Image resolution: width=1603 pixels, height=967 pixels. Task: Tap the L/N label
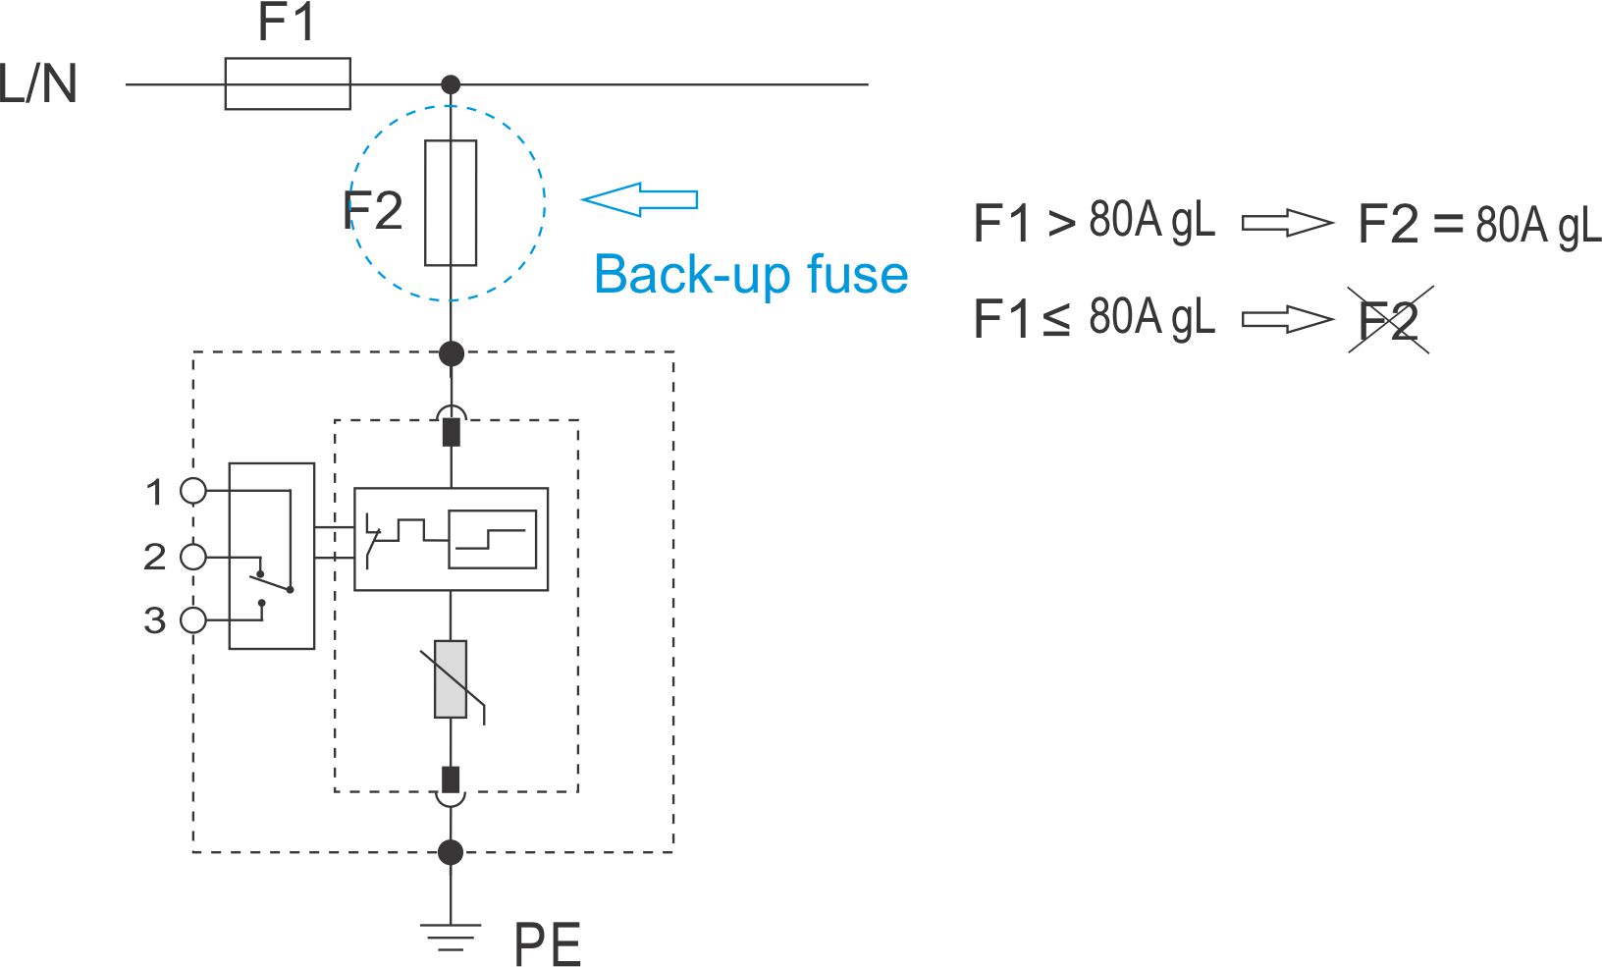pyautogui.click(x=38, y=83)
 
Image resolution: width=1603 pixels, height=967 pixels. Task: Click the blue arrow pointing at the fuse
pyautogui.click(x=639, y=199)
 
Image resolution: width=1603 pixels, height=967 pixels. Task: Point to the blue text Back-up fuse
pyautogui.click(x=751, y=274)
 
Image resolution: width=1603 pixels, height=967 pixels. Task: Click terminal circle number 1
pyautogui.click(x=193, y=491)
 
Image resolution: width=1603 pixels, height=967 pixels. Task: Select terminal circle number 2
pyautogui.click(x=193, y=557)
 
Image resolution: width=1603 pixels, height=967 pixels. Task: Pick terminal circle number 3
pyautogui.click(x=193, y=619)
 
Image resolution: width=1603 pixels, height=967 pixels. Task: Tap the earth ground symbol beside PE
pyautogui.click(x=451, y=937)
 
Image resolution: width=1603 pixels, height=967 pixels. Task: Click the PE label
pyautogui.click(x=547, y=944)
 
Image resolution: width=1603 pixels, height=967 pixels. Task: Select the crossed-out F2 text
pyautogui.click(x=1389, y=320)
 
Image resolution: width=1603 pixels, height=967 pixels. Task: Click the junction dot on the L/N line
pyautogui.click(x=451, y=84)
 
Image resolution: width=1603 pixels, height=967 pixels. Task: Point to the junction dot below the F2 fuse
pyautogui.click(x=451, y=352)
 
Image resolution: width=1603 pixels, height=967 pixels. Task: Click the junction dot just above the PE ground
pyautogui.click(x=451, y=852)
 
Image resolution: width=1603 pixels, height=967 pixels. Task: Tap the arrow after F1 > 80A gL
pyautogui.click(x=1288, y=223)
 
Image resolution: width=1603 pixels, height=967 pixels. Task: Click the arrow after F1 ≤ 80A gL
pyautogui.click(x=1288, y=319)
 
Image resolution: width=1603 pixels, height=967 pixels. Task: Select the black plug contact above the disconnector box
pyautogui.click(x=452, y=432)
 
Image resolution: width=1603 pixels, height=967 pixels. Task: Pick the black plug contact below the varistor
pyautogui.click(x=451, y=779)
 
